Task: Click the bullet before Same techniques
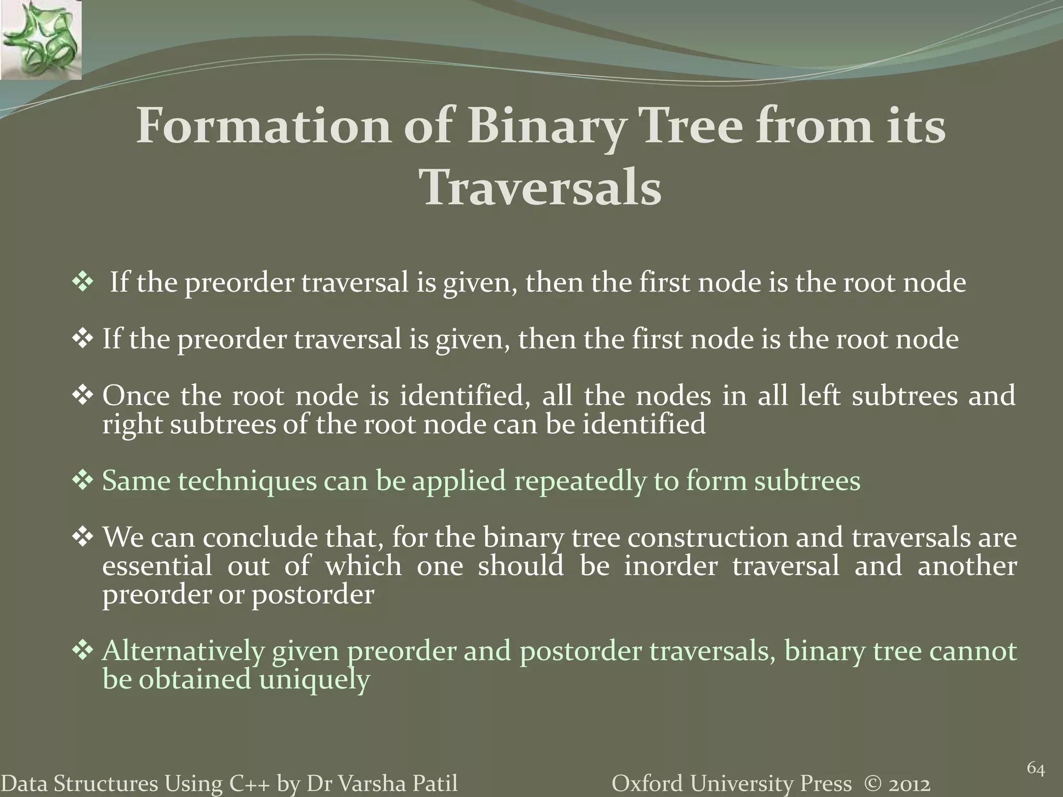coord(82,480)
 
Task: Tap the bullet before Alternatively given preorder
coord(82,651)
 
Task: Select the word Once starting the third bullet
coord(136,396)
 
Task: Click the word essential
coord(157,566)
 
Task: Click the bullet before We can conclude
coord(82,537)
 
